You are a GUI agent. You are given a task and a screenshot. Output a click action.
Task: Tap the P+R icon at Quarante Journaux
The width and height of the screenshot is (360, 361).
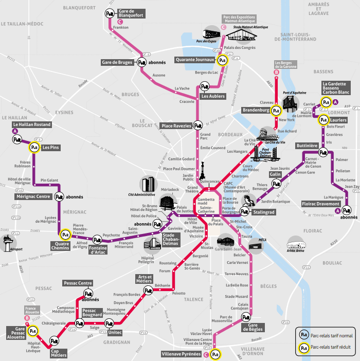pos(223,60)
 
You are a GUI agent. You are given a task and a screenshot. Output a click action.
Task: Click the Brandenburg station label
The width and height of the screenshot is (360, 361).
pos(256,110)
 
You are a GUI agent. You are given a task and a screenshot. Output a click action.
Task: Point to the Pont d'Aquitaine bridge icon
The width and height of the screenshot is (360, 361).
pos(291,101)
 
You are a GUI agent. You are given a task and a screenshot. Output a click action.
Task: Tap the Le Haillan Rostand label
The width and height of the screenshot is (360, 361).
pos(32,125)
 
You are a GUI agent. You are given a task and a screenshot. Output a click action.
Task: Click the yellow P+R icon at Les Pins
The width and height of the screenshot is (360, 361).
pos(34,148)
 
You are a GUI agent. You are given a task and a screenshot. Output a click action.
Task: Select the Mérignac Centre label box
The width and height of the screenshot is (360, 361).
pos(32,196)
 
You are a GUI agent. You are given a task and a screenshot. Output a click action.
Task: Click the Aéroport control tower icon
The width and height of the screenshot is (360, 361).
pos(9,242)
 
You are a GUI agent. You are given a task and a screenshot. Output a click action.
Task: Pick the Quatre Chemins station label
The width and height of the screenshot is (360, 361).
pos(60,246)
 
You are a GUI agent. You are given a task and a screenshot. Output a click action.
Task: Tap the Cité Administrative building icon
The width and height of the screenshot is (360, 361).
pos(148,185)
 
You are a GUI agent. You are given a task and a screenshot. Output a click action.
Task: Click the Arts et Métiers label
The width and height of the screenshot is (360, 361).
pos(144,279)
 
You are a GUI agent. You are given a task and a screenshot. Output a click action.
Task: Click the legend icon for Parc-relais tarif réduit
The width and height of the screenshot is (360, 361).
pos(303,348)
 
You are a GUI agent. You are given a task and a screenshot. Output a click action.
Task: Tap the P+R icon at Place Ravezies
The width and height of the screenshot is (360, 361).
pos(197,125)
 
